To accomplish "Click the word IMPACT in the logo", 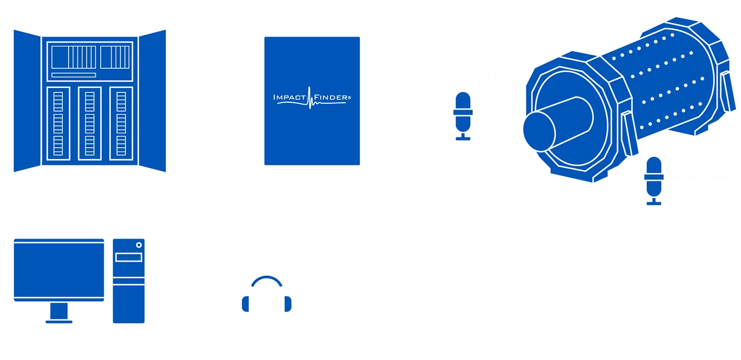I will (x=290, y=98).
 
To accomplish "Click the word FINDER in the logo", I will (x=330, y=98).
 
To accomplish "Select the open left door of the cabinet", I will (x=25, y=101).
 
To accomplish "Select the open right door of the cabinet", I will (x=154, y=101).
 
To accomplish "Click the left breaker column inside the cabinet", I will (x=58, y=123).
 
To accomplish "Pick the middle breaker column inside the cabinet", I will (x=90, y=123).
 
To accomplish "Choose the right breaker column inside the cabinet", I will (x=121, y=123).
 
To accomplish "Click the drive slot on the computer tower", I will (x=128, y=257).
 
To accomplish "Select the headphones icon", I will (x=267, y=295).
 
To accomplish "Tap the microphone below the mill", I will (x=654, y=180).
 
